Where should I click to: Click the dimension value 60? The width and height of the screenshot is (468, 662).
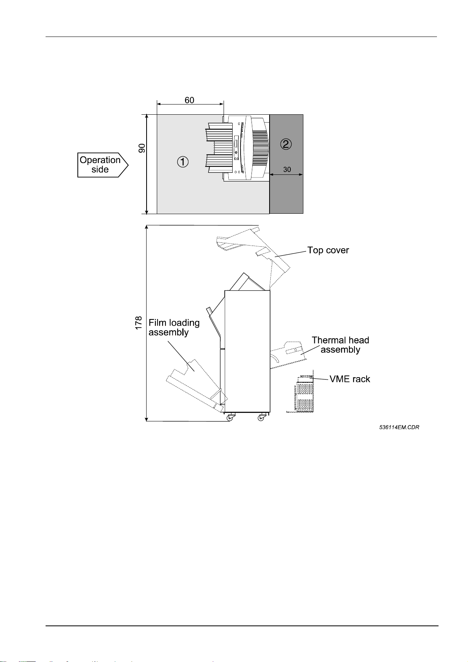[x=189, y=100]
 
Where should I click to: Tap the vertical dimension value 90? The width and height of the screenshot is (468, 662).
[x=142, y=148]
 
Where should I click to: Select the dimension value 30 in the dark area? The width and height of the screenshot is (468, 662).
[x=287, y=169]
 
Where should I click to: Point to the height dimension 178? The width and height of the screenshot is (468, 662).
[x=139, y=323]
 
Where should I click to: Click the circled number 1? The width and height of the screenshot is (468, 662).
[x=183, y=161]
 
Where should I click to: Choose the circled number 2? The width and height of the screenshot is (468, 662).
[x=286, y=144]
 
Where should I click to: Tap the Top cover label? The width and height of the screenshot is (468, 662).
[x=328, y=250]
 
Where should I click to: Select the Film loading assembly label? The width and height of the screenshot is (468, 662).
[x=174, y=328]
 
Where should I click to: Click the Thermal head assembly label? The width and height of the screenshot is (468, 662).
[x=340, y=345]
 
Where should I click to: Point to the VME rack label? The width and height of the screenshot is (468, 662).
[x=350, y=379]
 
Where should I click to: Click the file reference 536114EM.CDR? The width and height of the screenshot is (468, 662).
[x=399, y=427]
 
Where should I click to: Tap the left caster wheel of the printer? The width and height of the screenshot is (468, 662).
[x=229, y=417]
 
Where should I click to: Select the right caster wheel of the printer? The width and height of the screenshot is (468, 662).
[x=261, y=417]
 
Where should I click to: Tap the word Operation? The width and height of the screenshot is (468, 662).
[x=100, y=160]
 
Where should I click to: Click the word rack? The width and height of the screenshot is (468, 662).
[x=361, y=379]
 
